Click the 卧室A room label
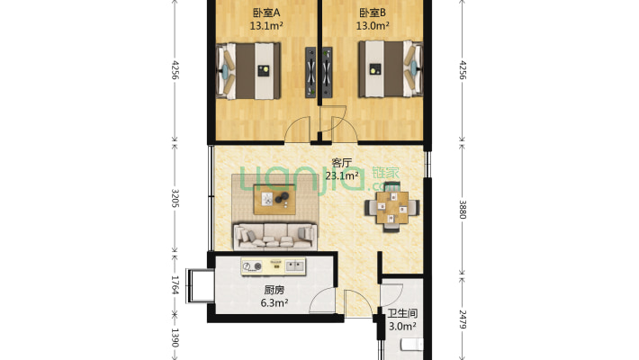pos(265,13)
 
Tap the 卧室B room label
pos(373,13)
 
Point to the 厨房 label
pos(274,291)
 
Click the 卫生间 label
pos(401,313)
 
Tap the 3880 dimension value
pos(463,209)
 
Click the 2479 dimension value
pos(463,318)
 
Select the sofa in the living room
pos(274,236)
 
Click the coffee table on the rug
pos(273,199)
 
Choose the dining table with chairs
pos(391,209)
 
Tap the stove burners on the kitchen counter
pos(254,265)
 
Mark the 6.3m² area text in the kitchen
pos(274,304)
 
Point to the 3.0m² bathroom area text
pos(401,327)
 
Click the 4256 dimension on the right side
pos(463,69)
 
